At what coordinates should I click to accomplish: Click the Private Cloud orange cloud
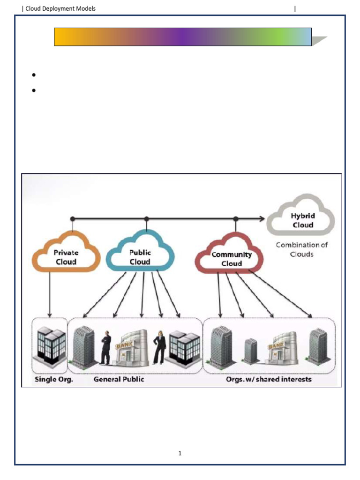[x=66, y=257]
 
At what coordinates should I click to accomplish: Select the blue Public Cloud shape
[x=140, y=257]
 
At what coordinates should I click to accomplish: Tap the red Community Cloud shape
[x=231, y=259]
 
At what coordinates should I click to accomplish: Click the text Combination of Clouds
[x=301, y=249]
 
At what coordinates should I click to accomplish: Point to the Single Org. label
[x=53, y=379]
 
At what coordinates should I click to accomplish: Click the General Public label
[x=119, y=379]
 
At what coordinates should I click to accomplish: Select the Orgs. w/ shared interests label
[x=269, y=379]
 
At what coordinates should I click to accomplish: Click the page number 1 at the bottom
[x=180, y=453]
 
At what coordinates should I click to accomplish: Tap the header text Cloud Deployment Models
[x=60, y=8]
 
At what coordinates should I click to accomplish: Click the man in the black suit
[x=105, y=348]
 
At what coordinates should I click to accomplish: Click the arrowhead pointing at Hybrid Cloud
[x=262, y=218]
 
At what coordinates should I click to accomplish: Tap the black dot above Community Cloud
[x=236, y=218]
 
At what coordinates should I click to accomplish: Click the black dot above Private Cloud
[x=72, y=218]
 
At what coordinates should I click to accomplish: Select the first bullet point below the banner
[x=34, y=75]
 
